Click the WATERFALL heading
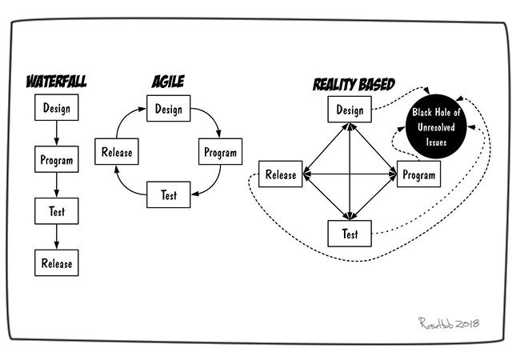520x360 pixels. pyautogui.click(x=56, y=82)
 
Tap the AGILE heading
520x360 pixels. pyautogui.click(x=167, y=82)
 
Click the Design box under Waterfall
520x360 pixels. pyautogui.click(x=56, y=107)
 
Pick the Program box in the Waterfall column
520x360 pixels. pyautogui.click(x=56, y=160)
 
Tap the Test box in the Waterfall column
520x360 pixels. pyautogui.click(x=56, y=211)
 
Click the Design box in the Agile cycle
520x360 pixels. pyautogui.click(x=167, y=110)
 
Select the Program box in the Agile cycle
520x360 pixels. pyautogui.click(x=220, y=151)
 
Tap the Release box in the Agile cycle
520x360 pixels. pyautogui.click(x=117, y=151)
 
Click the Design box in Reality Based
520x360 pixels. pyautogui.click(x=350, y=110)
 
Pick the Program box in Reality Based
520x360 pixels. pyautogui.click(x=418, y=174)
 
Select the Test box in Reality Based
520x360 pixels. pyautogui.click(x=350, y=234)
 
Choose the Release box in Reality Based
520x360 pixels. pyautogui.click(x=281, y=174)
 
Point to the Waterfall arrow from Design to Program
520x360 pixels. pyautogui.click(x=56, y=133)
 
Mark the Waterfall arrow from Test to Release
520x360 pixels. pyautogui.click(x=56, y=236)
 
